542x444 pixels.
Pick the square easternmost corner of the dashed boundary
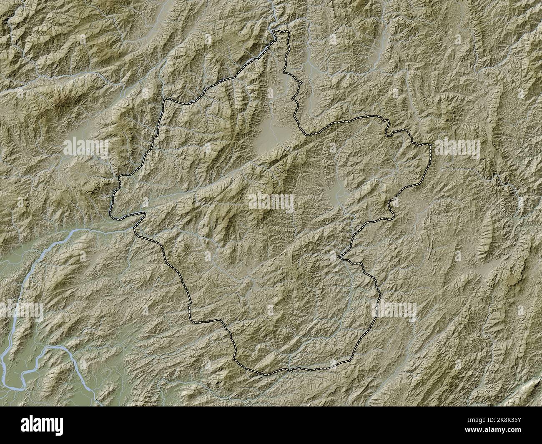429,145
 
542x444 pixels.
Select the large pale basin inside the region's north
269,131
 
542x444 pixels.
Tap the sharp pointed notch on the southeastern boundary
340,256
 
